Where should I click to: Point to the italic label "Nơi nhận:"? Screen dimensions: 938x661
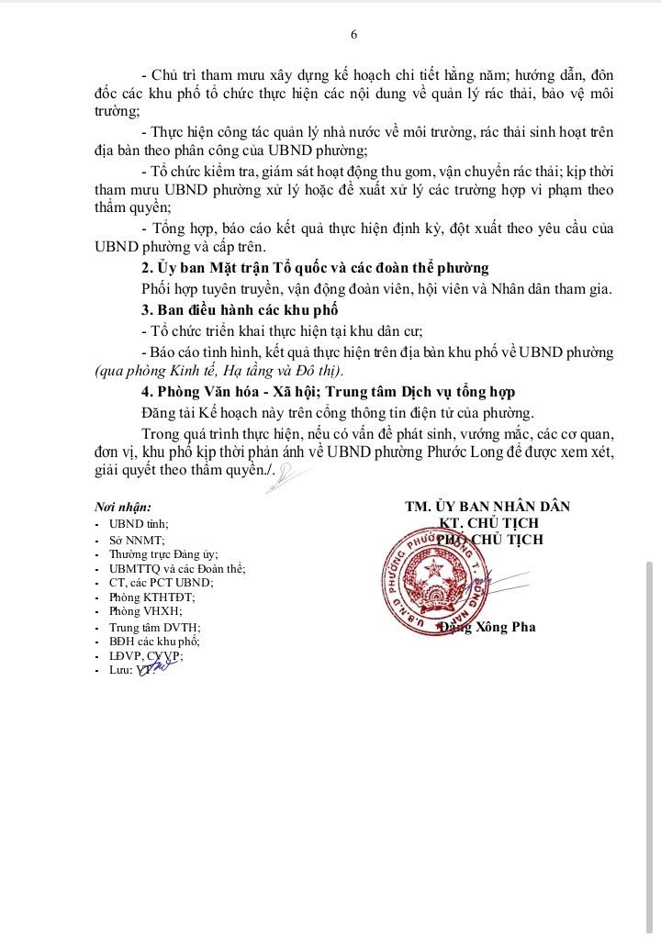pos(123,507)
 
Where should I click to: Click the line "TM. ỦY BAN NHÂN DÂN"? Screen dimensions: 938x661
pos(487,507)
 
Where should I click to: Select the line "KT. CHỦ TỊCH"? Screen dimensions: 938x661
pos(487,523)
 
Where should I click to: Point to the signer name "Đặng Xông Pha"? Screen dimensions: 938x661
pos(487,628)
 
